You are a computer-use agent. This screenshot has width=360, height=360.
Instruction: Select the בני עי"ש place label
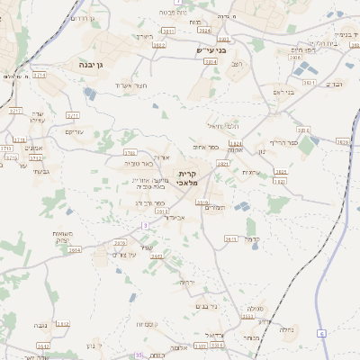[x=211, y=50]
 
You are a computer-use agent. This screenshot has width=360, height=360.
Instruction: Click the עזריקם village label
[x=75, y=132]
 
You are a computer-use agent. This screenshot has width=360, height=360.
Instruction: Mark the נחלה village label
[x=287, y=329]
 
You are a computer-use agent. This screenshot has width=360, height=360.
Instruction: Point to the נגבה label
[x=41, y=324]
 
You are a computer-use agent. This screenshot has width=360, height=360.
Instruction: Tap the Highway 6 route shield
[x=321, y=334]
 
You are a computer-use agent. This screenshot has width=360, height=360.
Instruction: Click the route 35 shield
[x=138, y=355]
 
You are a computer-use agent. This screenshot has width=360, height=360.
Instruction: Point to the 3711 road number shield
[x=74, y=115]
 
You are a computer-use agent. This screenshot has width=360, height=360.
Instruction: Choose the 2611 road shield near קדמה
[x=230, y=239]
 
